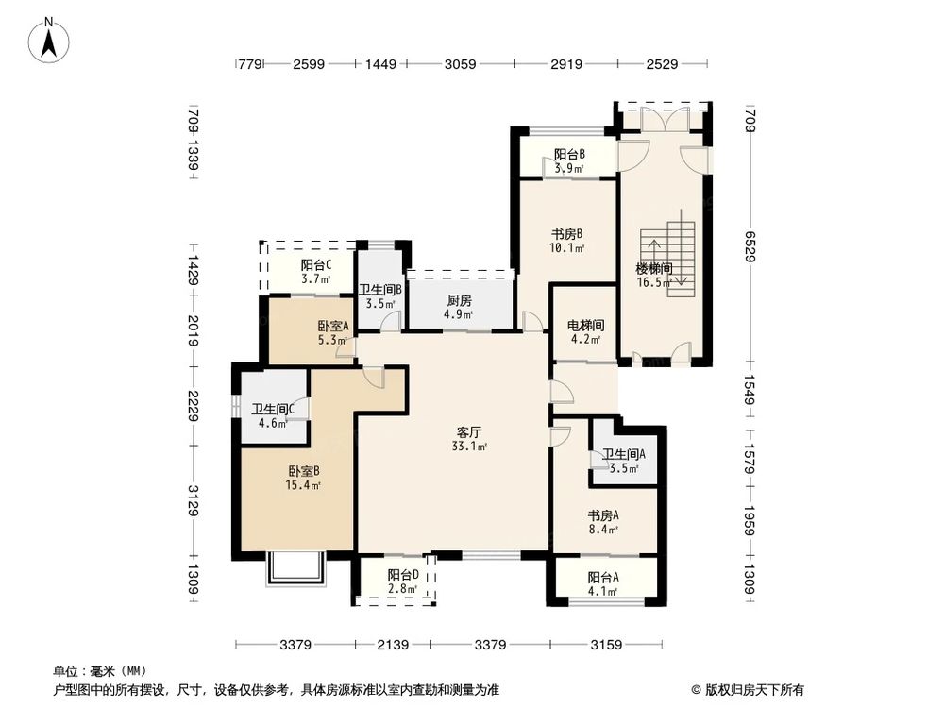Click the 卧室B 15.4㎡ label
304,478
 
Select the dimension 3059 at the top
460,65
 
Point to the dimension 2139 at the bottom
393,645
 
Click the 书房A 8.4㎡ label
603,522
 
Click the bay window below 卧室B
295,568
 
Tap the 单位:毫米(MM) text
93,672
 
